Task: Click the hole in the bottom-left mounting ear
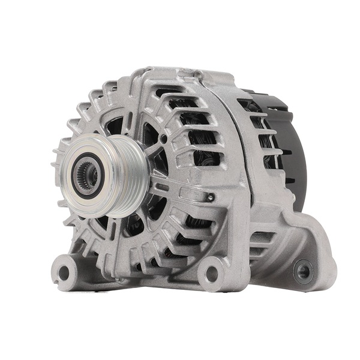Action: click(64, 273)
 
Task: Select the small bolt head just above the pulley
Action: click(163, 139)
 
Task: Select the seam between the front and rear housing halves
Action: click(232, 150)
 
